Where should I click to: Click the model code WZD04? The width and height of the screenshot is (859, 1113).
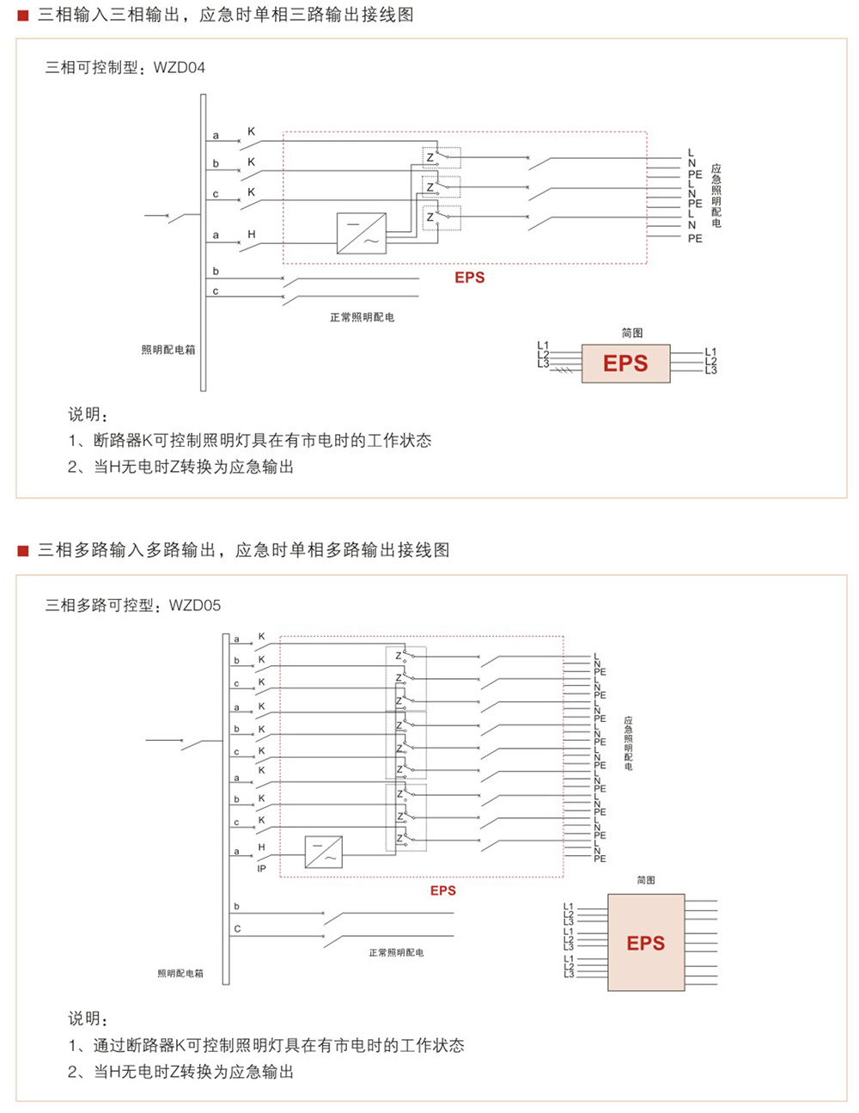click(x=179, y=68)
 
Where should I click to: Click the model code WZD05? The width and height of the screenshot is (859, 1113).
click(x=195, y=605)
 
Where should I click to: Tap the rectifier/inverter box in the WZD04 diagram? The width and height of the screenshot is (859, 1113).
click(x=361, y=233)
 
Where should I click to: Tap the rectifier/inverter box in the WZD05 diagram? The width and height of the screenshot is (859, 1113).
click(x=324, y=852)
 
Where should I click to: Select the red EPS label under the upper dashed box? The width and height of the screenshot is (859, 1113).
click(x=470, y=278)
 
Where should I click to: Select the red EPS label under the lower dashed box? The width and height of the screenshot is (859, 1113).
click(x=443, y=890)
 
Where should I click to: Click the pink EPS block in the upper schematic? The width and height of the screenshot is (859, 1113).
click(x=625, y=364)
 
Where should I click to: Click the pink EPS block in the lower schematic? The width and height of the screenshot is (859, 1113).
click(x=646, y=943)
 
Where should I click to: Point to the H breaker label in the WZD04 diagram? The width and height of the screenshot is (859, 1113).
click(x=252, y=234)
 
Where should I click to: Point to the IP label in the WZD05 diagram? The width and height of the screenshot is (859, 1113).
click(x=262, y=869)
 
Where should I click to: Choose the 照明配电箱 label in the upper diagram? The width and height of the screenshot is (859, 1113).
click(x=168, y=350)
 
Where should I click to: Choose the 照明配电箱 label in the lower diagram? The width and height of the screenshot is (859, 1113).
click(x=180, y=974)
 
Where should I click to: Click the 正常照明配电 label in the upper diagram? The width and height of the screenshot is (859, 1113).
click(x=362, y=317)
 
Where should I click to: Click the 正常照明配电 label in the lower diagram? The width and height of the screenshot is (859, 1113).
click(x=396, y=953)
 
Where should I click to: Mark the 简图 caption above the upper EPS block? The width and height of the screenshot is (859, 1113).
click(x=632, y=333)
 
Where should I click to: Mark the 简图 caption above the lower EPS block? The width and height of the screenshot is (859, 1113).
click(x=646, y=880)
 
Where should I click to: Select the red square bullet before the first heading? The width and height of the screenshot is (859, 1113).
click(x=23, y=15)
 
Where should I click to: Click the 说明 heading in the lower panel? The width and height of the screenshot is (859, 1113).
click(x=88, y=1018)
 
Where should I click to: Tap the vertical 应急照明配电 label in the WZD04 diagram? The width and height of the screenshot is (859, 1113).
click(x=716, y=196)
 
